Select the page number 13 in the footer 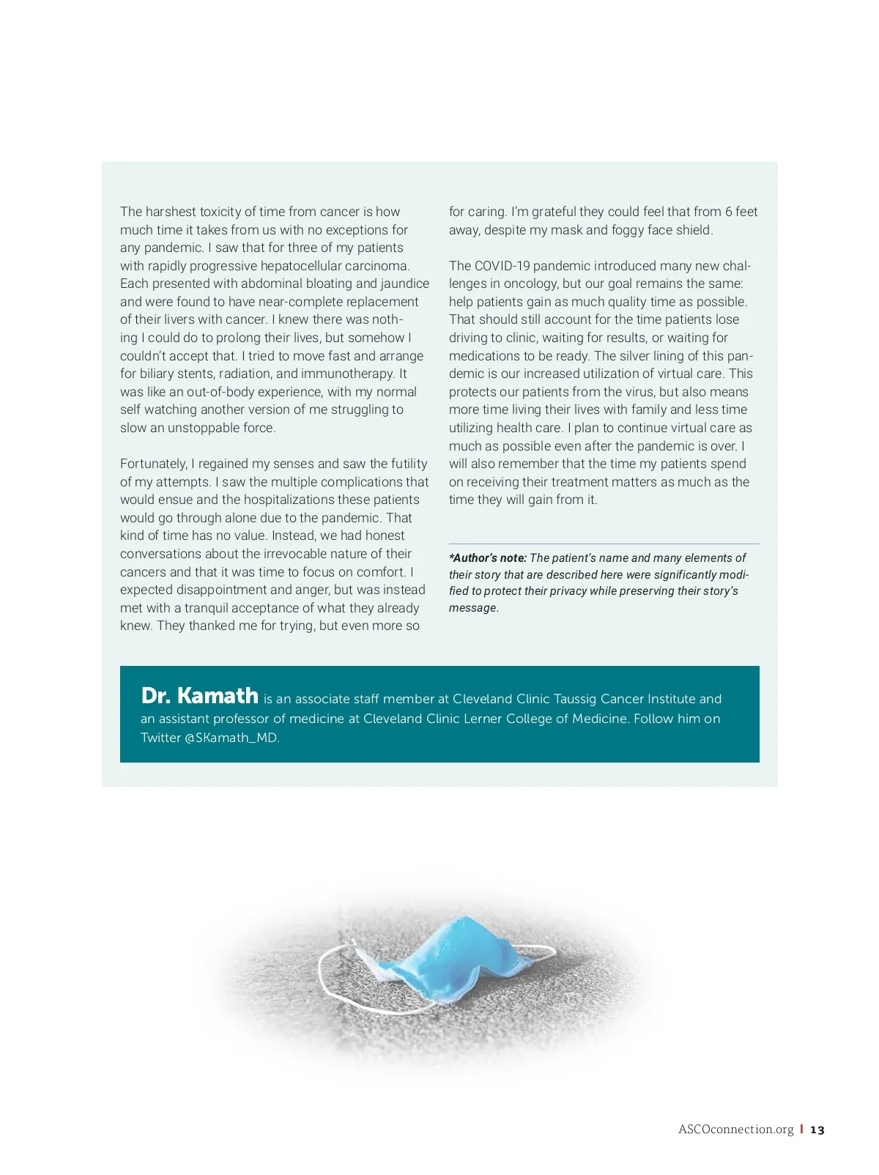pyautogui.click(x=817, y=1130)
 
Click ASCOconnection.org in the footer pyautogui.click(x=735, y=1130)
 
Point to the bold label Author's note pyautogui.click(x=489, y=558)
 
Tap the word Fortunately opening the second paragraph pyautogui.click(x=153, y=464)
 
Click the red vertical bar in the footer pyautogui.click(x=801, y=1129)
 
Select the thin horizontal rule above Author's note pyautogui.click(x=604, y=544)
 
